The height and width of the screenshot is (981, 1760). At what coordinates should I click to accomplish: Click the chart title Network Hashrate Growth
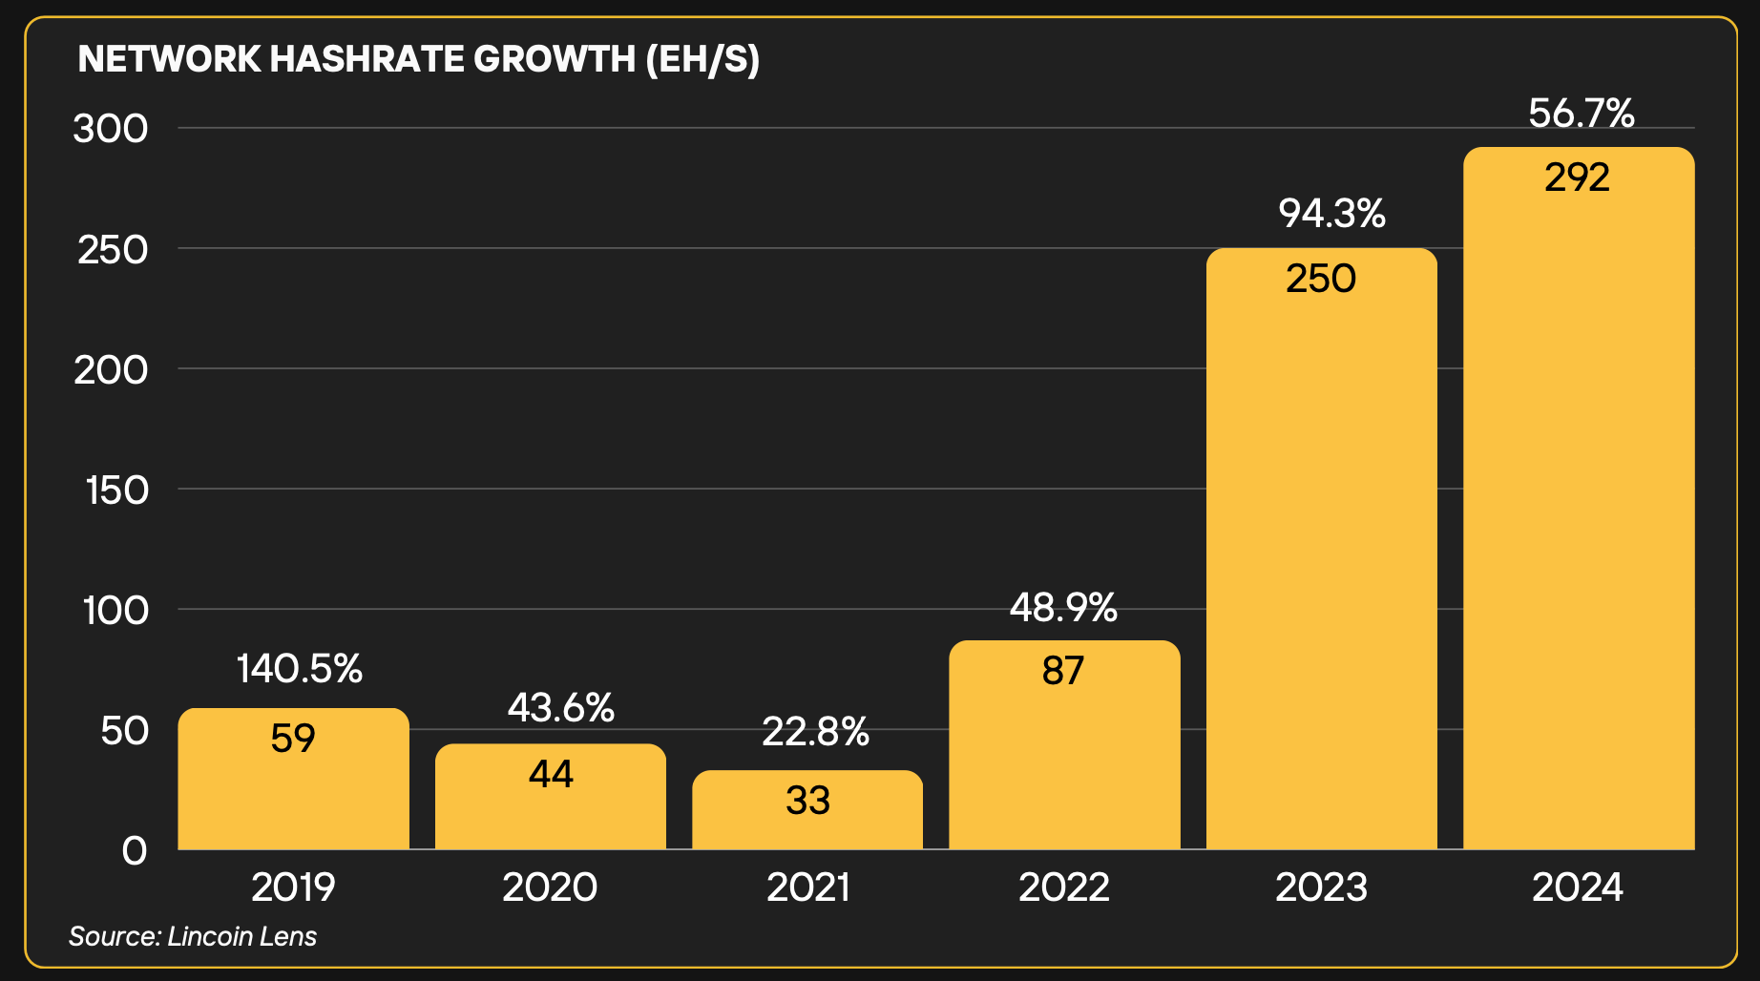pyautogui.click(x=418, y=59)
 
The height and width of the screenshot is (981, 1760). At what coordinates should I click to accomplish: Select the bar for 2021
pyautogui.click(x=807, y=811)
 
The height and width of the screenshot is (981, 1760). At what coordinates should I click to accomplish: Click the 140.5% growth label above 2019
pyautogui.click(x=300, y=669)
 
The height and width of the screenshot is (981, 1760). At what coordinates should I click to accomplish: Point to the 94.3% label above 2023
pyautogui.click(x=1332, y=214)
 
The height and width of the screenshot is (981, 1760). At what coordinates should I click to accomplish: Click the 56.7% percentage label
pyautogui.click(x=1582, y=114)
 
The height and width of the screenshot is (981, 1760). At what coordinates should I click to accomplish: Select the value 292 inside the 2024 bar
pyautogui.click(x=1578, y=177)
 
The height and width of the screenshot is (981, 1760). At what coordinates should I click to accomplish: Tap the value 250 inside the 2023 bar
pyautogui.click(x=1321, y=279)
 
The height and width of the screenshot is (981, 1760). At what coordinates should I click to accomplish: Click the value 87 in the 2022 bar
pyautogui.click(x=1063, y=671)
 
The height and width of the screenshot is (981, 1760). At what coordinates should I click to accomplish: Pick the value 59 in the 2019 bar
pyautogui.click(x=293, y=739)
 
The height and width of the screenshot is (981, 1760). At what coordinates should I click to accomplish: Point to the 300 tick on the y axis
pyautogui.click(x=111, y=129)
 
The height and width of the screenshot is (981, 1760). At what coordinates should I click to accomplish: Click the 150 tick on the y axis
pyautogui.click(x=116, y=490)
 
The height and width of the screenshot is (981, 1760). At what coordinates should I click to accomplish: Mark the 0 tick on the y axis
pyautogui.click(x=135, y=850)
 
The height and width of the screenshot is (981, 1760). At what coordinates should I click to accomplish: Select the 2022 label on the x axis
pyautogui.click(x=1064, y=887)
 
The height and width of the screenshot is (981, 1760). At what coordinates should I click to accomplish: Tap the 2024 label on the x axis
pyautogui.click(x=1578, y=887)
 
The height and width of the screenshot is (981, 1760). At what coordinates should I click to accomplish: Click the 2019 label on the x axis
pyautogui.click(x=293, y=887)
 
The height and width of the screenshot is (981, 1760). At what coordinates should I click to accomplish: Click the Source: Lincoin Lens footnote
pyautogui.click(x=193, y=936)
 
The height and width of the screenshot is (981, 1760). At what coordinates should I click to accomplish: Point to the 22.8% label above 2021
pyautogui.click(x=816, y=732)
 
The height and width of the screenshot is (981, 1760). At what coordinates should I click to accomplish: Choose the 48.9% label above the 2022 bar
pyautogui.click(x=1063, y=608)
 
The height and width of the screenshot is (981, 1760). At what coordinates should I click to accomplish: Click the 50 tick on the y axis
pyautogui.click(x=125, y=731)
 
